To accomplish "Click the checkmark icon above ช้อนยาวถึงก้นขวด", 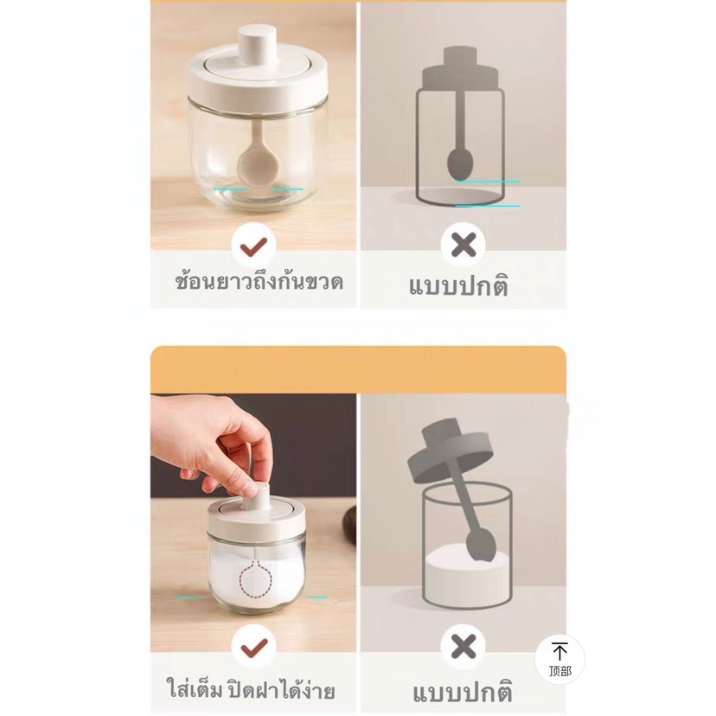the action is pyautogui.click(x=253, y=246).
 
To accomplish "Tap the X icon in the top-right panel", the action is pyautogui.click(x=463, y=246).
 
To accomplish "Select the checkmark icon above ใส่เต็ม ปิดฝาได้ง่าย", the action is pyautogui.click(x=253, y=646).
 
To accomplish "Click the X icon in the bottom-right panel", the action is pyautogui.click(x=463, y=647).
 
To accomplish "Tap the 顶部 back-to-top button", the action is pyautogui.click(x=559, y=660).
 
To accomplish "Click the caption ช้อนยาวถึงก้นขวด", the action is pyautogui.click(x=259, y=282).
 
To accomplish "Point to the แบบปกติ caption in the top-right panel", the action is pyautogui.click(x=458, y=286).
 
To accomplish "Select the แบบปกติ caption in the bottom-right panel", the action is pyautogui.click(x=463, y=691).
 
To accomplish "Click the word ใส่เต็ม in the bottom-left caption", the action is pyautogui.click(x=195, y=687).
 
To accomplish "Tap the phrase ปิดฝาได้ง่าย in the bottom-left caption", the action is pyautogui.click(x=281, y=689).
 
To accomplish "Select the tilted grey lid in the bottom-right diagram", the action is pyautogui.click(x=449, y=450).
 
